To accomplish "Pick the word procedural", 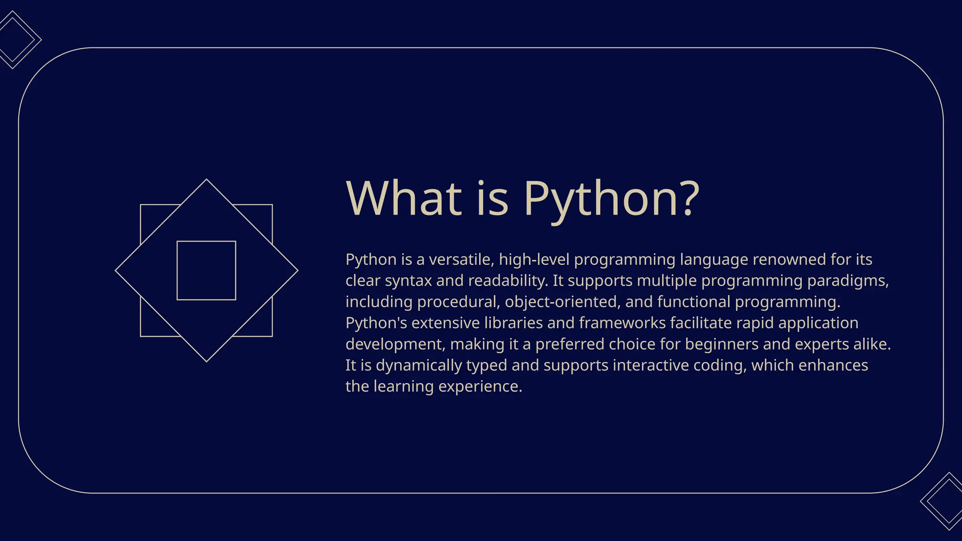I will tap(458, 302).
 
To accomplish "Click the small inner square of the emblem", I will tap(206, 270).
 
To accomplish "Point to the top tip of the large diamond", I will tap(206, 180).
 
